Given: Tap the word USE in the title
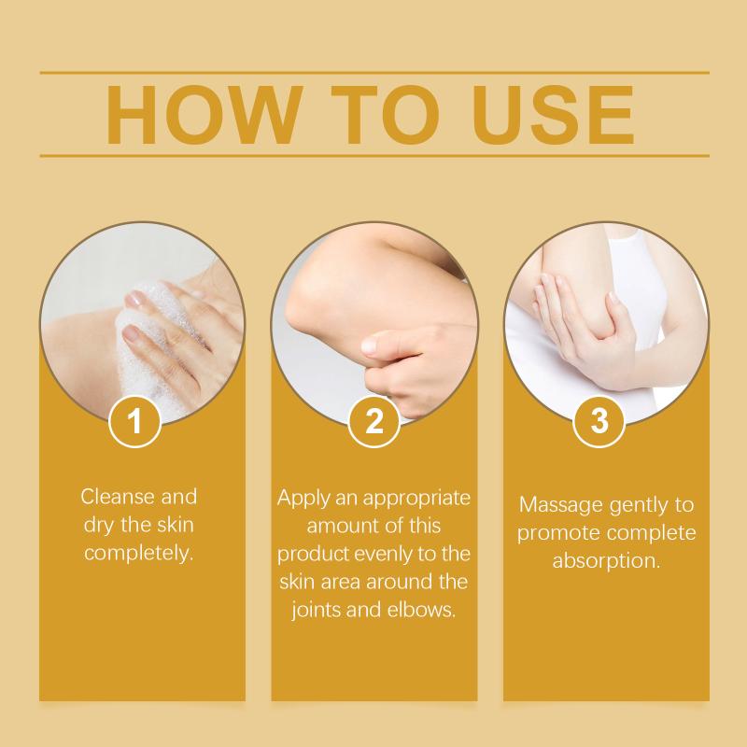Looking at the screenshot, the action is tap(554, 115).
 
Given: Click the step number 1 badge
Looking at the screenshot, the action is tap(134, 421).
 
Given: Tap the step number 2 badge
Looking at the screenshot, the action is tap(374, 421).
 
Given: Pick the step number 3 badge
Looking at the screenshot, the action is tap(599, 421).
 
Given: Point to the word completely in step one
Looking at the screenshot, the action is tap(139, 553).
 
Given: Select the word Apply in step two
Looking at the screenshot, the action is tap(303, 499).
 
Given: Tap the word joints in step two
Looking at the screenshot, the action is tap(317, 611).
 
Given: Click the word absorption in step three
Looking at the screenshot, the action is tap(606, 561).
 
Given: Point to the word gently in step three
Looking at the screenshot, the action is tap(629, 506).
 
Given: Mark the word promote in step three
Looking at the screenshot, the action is tap(552, 533).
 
